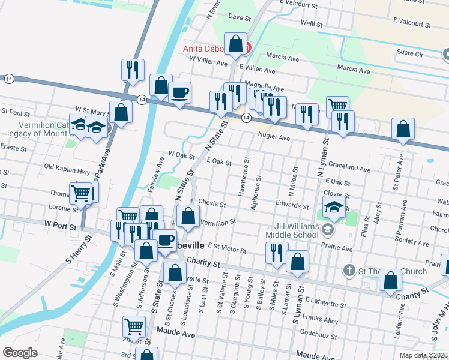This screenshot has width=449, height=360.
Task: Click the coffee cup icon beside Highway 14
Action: tap(179, 93)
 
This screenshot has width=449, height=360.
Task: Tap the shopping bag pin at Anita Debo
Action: tap(237, 44)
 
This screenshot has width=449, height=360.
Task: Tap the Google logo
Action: tap(20, 353)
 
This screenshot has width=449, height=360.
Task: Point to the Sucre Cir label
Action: tap(411, 53)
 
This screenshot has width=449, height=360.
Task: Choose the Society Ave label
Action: tap(411, 241)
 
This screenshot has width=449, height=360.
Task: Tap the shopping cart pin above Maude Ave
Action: tap(134, 327)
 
